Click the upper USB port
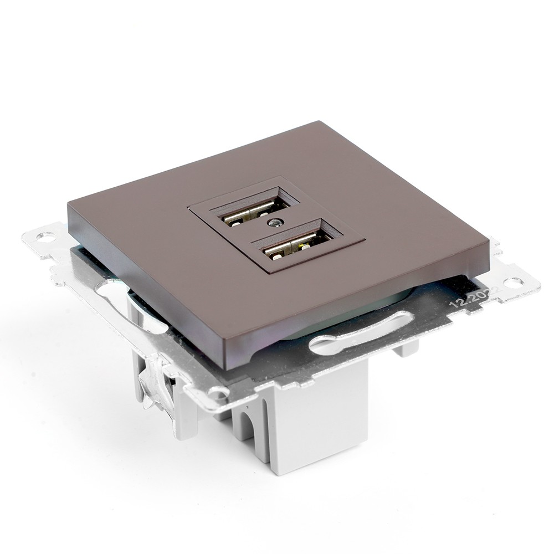tap(255, 211)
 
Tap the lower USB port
tap(297, 245)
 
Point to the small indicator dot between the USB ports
tap(273, 224)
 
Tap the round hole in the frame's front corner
tap(219, 393)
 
